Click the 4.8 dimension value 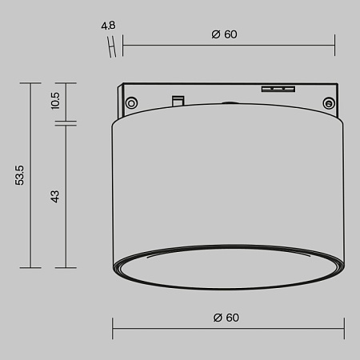(x=108, y=26)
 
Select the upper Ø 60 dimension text (x=225, y=34)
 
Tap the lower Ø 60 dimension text (x=226, y=318)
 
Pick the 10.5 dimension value (x=55, y=100)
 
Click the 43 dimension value (x=55, y=196)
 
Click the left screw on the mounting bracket (x=130, y=102)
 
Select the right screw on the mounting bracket (x=328, y=102)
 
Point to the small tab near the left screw (x=178, y=99)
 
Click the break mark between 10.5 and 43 (x=66, y=123)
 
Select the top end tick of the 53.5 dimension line (x=30, y=83)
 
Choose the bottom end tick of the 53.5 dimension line (x=30, y=267)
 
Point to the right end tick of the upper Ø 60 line (x=334, y=46)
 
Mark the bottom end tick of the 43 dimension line (x=66, y=267)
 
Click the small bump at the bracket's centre (x=230, y=102)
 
